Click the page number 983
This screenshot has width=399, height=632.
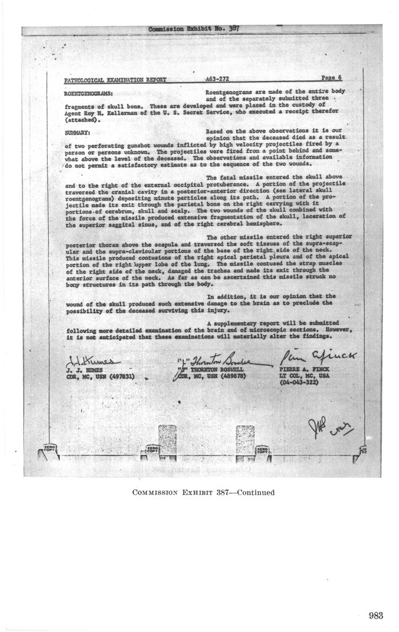375,616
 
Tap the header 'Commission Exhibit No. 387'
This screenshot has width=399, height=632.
194,28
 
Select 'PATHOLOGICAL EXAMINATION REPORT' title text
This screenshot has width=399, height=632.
116,79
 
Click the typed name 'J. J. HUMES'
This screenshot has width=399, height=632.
84,369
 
